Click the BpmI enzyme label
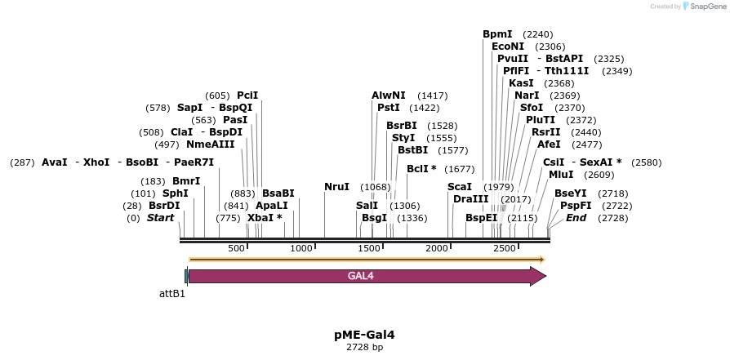tap(497, 34)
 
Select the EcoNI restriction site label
tap(507, 47)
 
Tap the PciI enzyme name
tap(247, 96)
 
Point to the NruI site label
tap(336, 187)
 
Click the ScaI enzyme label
tap(460, 187)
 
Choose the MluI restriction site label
tap(561, 175)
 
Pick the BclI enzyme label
tap(421, 169)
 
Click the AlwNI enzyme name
tap(389, 96)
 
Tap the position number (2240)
tap(538, 34)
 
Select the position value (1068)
tap(376, 187)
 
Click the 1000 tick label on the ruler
tap(301, 248)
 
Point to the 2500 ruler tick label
tap(505, 248)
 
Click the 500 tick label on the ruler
tap(236, 248)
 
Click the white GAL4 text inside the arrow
tap(361, 276)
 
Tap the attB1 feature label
tap(172, 293)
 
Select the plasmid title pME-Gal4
tap(364, 335)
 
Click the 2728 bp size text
tap(364, 348)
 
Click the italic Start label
tap(160, 218)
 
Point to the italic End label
tap(576, 218)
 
